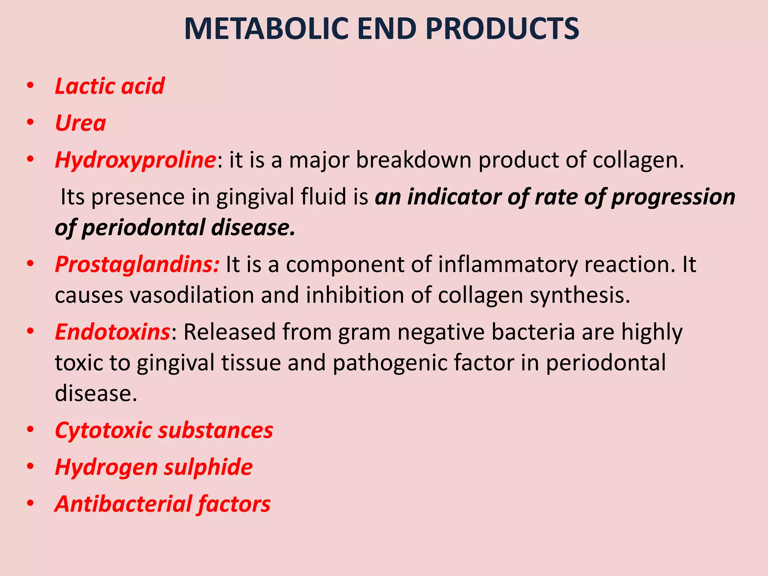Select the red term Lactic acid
tap(109, 86)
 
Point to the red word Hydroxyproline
tap(135, 160)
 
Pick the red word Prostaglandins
tap(137, 264)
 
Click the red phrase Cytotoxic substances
tap(164, 430)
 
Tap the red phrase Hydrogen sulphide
tap(154, 467)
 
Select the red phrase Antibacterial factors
tap(162, 504)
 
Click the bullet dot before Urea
tap(30, 123)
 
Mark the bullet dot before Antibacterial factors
tap(30, 504)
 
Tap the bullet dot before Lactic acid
tap(30, 86)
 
